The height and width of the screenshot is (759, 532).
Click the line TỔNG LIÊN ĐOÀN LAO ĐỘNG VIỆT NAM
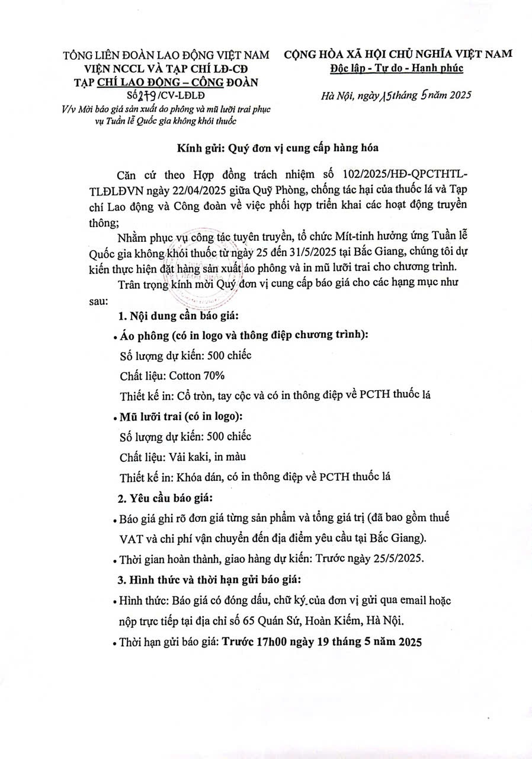[166, 56]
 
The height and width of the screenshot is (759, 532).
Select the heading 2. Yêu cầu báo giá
[166, 496]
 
